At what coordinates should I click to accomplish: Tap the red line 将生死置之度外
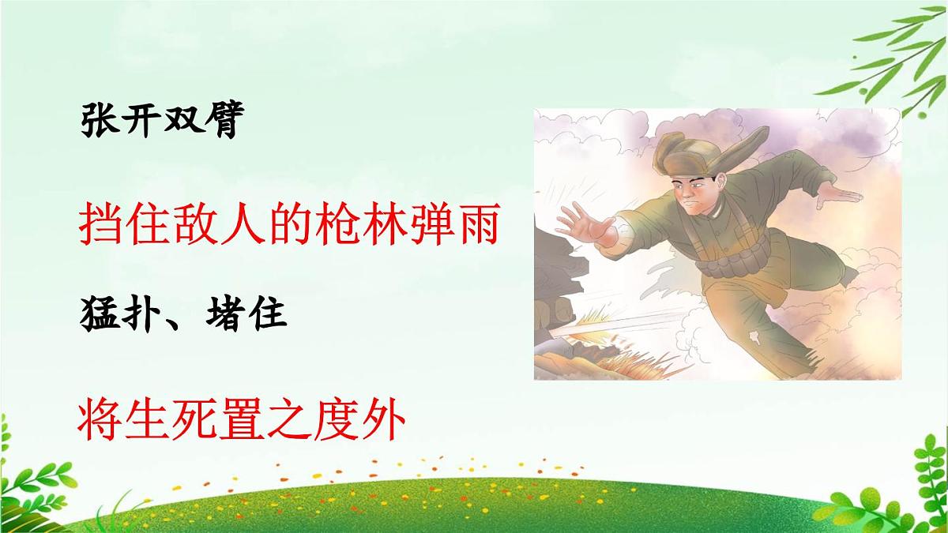pyautogui.click(x=242, y=421)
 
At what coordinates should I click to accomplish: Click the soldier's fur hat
pyautogui.click(x=695, y=154)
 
